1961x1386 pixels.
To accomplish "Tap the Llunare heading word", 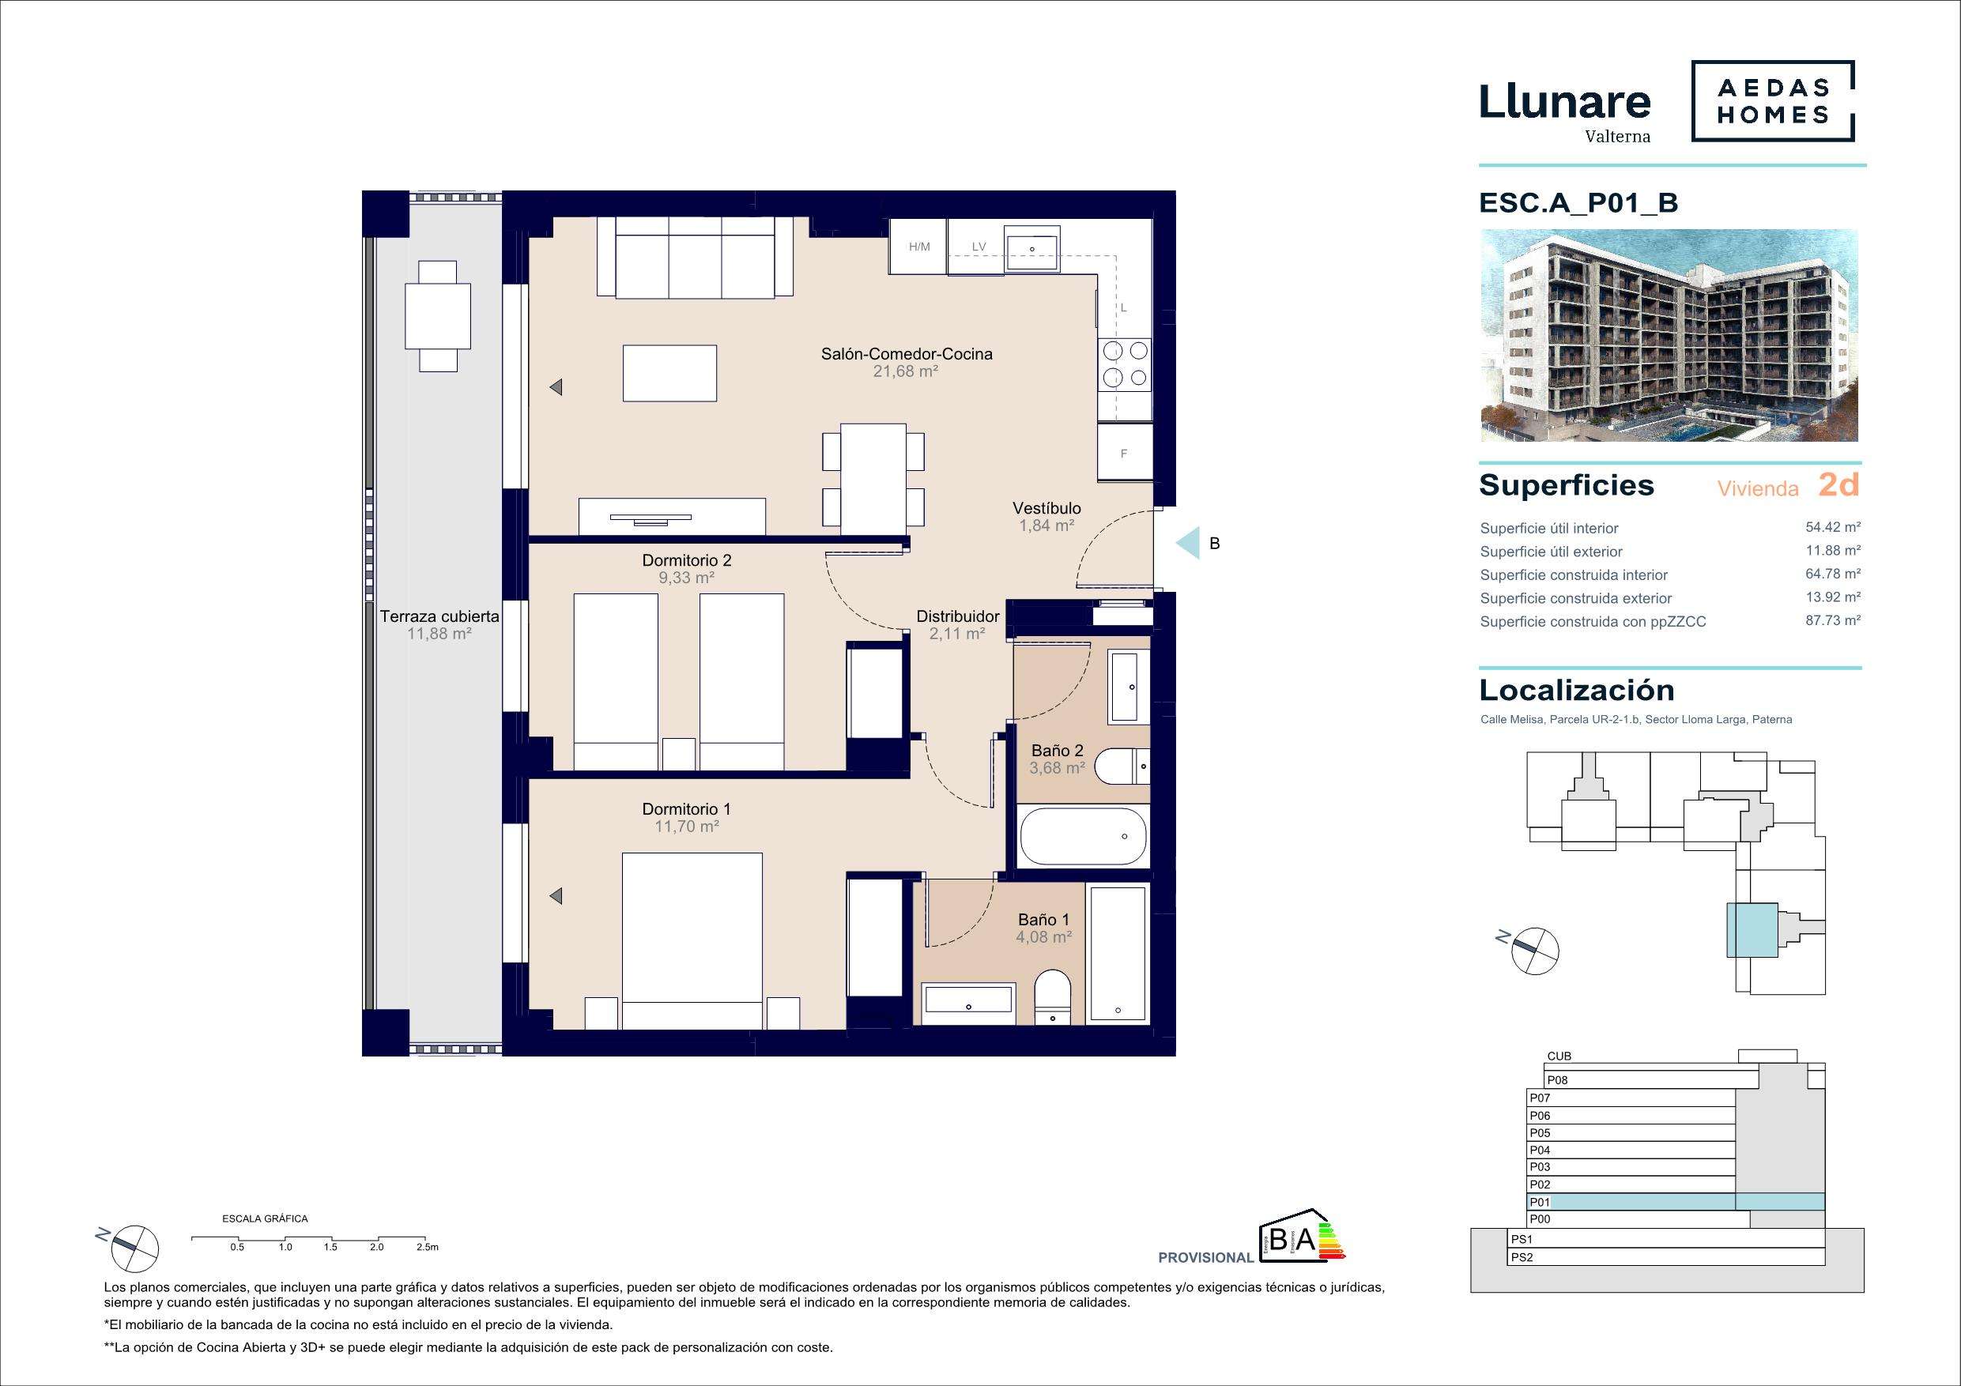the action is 1565,103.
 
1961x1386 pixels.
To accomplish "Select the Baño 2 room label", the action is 1058,751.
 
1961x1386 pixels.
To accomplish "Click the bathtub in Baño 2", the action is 1082,836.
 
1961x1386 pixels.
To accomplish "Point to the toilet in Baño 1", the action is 1051,996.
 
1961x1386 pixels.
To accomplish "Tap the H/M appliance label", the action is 919,247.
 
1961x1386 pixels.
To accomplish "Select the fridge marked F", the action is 1125,454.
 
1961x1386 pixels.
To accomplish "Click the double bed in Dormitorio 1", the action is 692,940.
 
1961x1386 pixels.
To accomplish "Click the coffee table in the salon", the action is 669,372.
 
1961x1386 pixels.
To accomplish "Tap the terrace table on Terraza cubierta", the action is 438,315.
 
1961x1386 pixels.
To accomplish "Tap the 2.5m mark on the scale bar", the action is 427,1247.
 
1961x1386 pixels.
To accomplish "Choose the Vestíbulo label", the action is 1047,508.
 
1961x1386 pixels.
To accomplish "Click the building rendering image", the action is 1669,336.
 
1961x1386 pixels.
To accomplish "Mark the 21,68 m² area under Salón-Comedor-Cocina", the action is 905,371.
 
